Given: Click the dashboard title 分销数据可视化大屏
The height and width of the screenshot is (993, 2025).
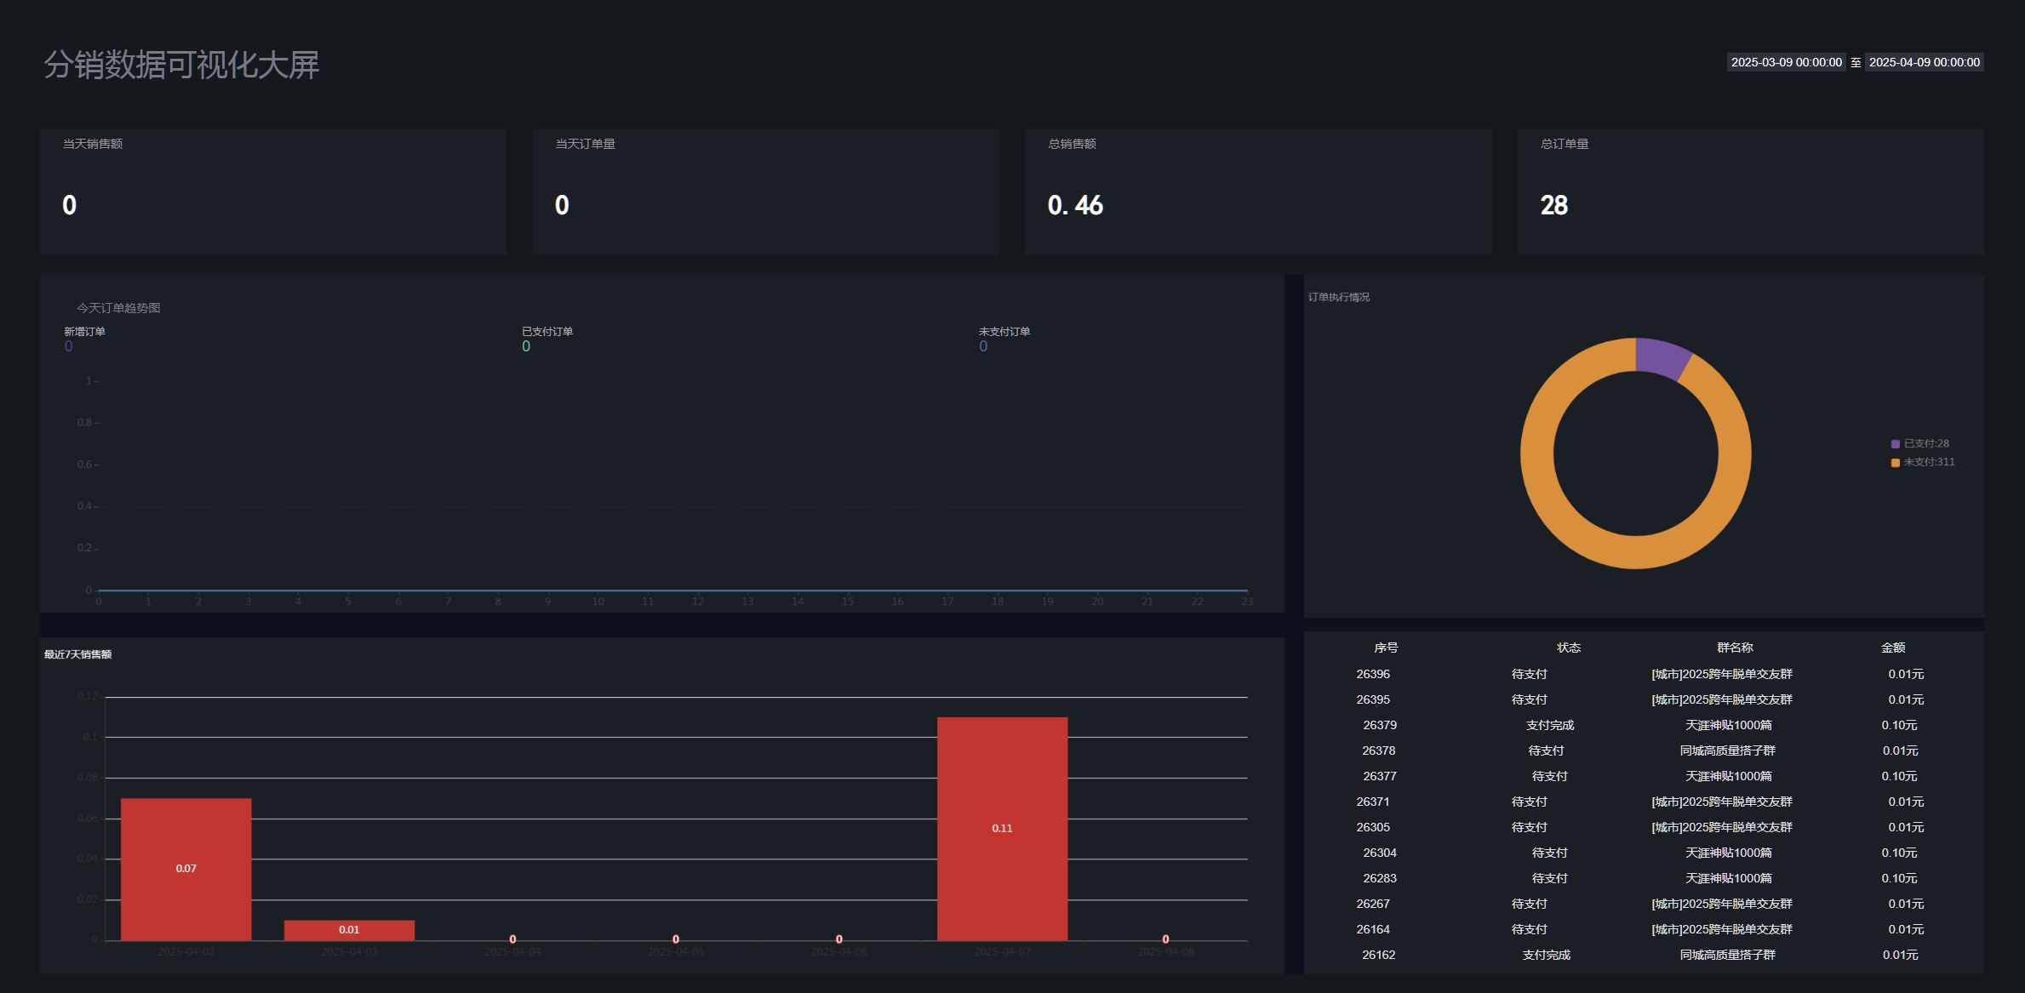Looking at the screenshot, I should pos(181,65).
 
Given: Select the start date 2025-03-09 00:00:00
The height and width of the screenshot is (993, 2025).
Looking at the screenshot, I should pos(1786,62).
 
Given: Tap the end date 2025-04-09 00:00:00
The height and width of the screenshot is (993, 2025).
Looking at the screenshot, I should pos(1924,62).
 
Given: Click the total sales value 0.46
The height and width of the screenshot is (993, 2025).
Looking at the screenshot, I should pos(1075,205).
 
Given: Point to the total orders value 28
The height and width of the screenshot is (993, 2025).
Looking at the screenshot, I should pos(1553,205).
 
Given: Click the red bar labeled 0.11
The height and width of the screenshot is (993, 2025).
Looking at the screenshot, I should pos(1002,828).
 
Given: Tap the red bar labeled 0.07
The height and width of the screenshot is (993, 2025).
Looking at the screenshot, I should pos(186,868).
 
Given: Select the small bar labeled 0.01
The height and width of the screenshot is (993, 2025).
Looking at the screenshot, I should pos(349,930).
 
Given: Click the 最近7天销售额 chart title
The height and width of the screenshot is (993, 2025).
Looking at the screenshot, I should pos(78,654).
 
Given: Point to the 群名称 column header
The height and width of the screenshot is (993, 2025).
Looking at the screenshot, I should pos(1735,648).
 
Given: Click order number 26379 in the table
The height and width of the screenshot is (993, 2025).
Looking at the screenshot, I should pos(1380,725).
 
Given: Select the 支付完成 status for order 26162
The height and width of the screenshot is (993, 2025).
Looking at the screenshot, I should pos(1546,955).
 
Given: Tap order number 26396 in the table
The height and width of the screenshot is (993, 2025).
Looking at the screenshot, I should pos(1373,674).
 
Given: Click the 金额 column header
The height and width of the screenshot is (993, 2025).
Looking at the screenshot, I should pos(1893,648).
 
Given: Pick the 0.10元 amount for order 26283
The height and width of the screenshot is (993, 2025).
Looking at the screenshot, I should pos(1899,878).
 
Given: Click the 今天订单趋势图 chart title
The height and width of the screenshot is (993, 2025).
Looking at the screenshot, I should pos(118,308).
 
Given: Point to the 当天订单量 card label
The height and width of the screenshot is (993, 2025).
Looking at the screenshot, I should pos(585,144).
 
